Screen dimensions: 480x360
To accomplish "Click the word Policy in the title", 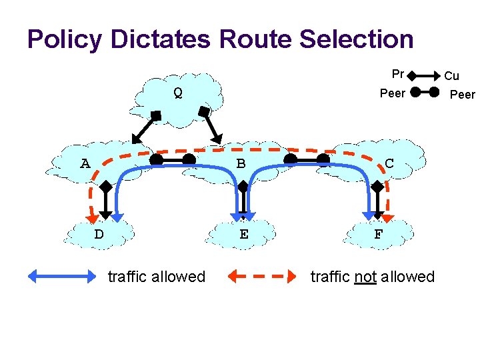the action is pos(65,39).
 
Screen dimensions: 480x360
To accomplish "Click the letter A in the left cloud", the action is pos(85,163).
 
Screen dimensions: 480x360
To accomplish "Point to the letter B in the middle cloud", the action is pos(241,163).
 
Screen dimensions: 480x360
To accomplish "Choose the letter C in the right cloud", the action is pos(390,163).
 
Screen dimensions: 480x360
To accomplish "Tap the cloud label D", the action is pos(99,235).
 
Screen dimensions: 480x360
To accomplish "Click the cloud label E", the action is pos(244,235).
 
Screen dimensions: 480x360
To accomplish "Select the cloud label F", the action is pos(378,235).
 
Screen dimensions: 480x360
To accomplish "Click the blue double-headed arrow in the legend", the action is pos(62,276).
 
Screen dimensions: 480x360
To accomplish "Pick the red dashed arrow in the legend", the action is pos(262,276).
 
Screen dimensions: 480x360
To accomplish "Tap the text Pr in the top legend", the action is pos(398,74).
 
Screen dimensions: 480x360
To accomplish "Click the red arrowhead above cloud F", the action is pos(387,217).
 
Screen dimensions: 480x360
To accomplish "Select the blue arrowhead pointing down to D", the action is pos(117,217).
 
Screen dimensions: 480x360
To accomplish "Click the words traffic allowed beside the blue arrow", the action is pos(156,276).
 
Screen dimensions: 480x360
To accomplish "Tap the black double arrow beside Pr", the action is pos(423,75).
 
